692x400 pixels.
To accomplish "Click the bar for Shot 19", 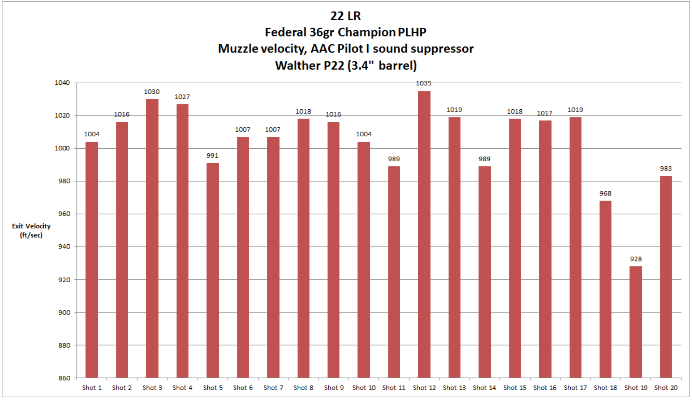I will pyautogui.click(x=635, y=322).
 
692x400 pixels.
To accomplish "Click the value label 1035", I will pyautogui.click(x=424, y=83).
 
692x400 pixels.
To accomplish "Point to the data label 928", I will pyautogui.click(x=636, y=259).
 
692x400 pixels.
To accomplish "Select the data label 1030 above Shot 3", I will pyautogui.click(x=152, y=92).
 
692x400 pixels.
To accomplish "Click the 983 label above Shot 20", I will pyautogui.click(x=666, y=169).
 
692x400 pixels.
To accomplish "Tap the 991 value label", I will pyautogui.click(x=212, y=156).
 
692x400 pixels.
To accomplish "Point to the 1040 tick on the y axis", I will pyautogui.click(x=62, y=83).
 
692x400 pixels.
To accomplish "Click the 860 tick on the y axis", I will pyautogui.click(x=64, y=378).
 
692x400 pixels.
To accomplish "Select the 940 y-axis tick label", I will pyautogui.click(x=64, y=247).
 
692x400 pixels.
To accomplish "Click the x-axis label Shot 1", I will pyautogui.click(x=91, y=388).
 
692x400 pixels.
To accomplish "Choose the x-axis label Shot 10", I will pyautogui.click(x=364, y=388).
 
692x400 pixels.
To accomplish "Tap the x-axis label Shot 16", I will pyautogui.click(x=545, y=388).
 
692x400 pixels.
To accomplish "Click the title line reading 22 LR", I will pyautogui.click(x=345, y=16).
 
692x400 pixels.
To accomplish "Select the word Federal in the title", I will pyautogui.click(x=285, y=32).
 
